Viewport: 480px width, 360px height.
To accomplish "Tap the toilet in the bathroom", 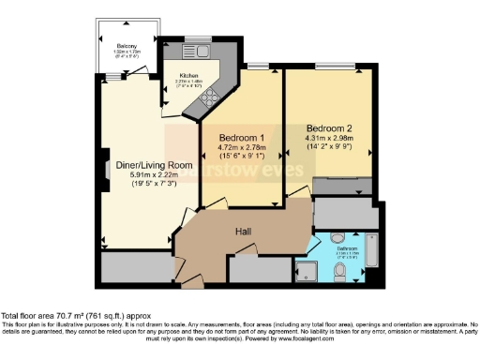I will (343, 272).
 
